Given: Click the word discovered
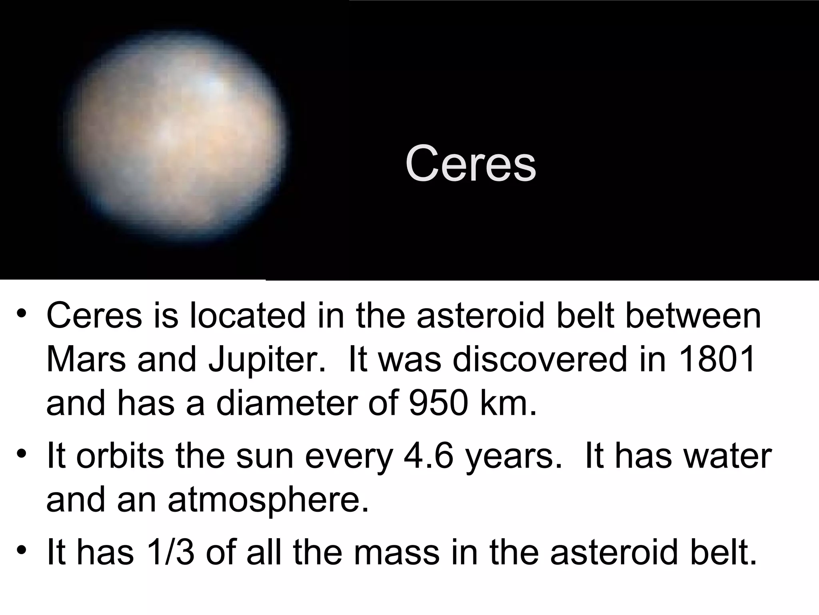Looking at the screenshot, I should [539, 359].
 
